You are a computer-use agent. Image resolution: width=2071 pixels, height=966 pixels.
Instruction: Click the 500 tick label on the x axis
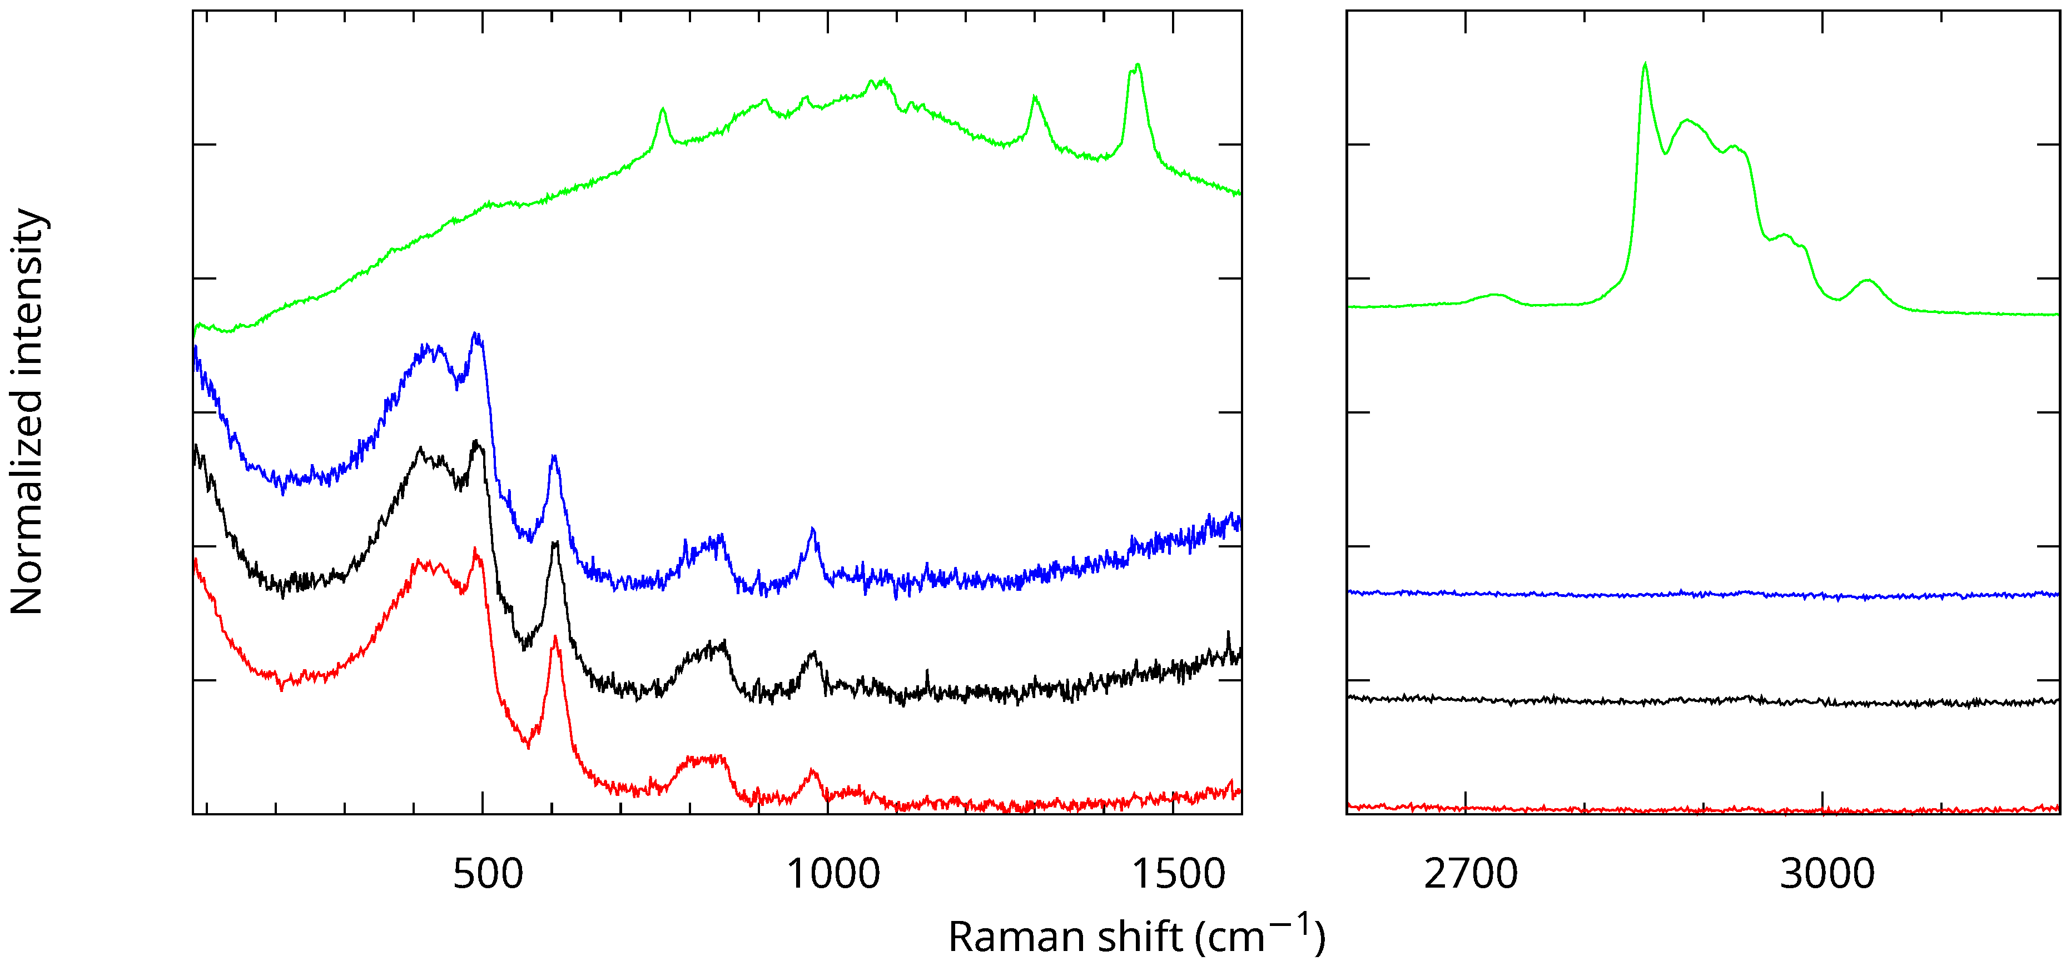point(488,874)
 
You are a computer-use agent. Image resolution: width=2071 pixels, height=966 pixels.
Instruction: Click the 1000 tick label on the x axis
point(833,874)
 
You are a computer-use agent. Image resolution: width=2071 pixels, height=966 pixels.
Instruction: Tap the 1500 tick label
point(1179,874)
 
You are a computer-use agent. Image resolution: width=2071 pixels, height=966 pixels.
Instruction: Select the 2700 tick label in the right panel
point(1471,874)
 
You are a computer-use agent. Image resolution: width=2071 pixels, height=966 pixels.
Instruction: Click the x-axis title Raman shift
point(1066,937)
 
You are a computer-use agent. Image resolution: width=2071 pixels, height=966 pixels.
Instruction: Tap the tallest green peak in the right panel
point(1645,64)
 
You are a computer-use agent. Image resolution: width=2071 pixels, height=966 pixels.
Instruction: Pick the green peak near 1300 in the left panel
point(1035,97)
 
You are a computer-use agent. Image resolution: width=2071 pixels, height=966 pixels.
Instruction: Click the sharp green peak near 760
point(663,109)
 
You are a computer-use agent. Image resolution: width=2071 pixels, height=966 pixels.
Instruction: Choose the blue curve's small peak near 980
point(813,530)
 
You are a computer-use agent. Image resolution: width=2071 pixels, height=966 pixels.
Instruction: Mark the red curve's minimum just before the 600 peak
point(528,746)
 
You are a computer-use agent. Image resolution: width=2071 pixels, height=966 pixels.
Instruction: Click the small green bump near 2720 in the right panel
point(1496,295)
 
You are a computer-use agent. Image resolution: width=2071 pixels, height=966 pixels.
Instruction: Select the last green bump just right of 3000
point(1867,281)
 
